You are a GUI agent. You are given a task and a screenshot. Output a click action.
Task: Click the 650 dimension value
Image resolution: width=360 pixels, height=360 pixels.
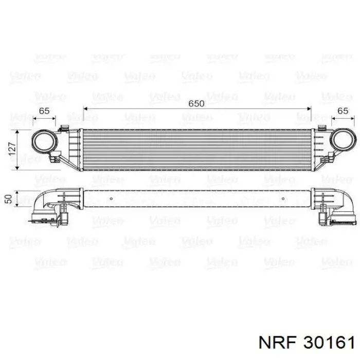tap(196, 103)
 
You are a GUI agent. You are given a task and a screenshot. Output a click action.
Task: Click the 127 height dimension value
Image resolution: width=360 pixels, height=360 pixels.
tap(12, 149)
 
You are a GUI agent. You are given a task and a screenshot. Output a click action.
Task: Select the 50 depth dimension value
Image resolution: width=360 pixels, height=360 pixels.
tap(8, 199)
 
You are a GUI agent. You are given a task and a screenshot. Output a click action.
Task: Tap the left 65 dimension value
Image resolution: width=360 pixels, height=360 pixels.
tap(44, 111)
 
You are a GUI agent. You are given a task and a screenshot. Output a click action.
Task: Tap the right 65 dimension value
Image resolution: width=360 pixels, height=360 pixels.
tap(343, 111)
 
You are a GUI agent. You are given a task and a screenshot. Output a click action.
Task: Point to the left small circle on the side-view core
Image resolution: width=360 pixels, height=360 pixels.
tap(112, 199)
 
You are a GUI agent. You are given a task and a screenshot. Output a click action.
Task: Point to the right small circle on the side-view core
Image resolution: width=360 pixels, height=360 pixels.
tap(283, 199)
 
